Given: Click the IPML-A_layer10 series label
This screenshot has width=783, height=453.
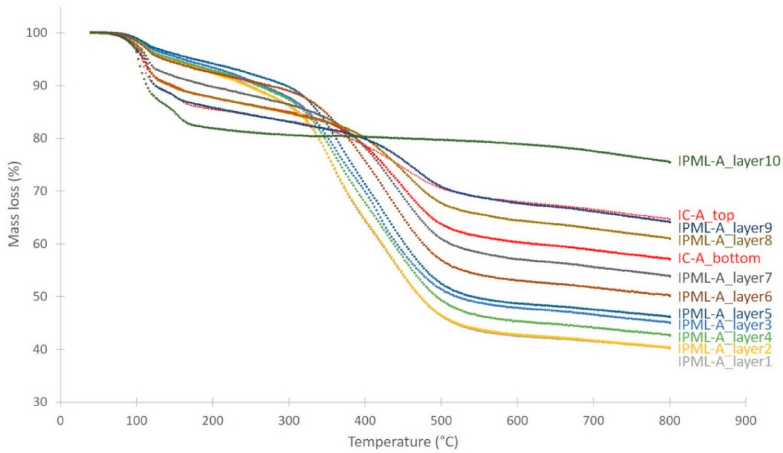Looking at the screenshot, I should click(x=729, y=161).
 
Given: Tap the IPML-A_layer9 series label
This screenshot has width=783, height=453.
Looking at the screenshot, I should click(x=725, y=228).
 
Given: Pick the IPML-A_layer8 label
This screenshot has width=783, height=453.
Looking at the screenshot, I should click(x=725, y=240).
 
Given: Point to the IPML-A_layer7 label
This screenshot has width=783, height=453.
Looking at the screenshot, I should click(x=725, y=278).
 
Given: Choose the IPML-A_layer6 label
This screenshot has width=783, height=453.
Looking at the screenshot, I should click(x=725, y=297).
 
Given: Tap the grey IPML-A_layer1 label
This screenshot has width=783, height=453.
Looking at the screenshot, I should click(x=725, y=362).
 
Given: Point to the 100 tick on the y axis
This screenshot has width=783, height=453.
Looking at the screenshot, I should click(x=36, y=33).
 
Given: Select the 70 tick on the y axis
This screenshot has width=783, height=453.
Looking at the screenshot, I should click(x=40, y=191).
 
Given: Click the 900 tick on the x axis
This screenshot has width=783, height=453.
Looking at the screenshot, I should click(x=746, y=421).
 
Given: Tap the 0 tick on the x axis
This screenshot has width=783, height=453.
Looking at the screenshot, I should click(x=60, y=421).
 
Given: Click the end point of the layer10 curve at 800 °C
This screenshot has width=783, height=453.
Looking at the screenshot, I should click(x=670, y=162).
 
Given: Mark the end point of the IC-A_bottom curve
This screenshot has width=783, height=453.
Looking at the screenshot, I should click(x=670, y=259).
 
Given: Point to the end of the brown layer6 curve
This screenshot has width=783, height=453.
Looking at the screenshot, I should click(x=670, y=295).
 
